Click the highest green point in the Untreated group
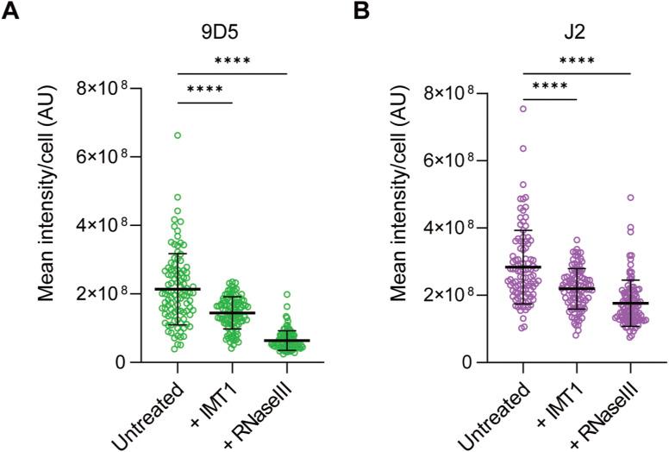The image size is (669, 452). pos(178,135)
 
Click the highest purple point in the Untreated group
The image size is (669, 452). pos(523,109)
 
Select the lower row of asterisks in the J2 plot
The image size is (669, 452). pos(550,88)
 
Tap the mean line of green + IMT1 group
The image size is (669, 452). pos(233,312)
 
